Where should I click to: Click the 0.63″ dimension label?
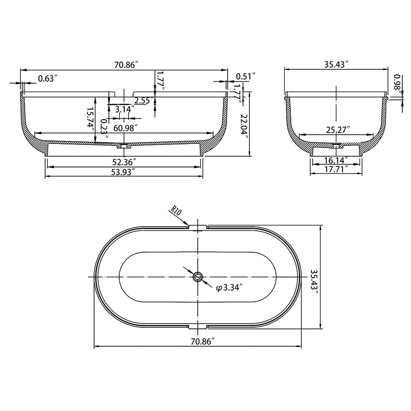point(48,78)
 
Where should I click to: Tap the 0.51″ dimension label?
point(246,76)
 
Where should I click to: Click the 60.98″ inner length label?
point(125,128)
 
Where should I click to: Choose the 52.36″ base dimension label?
point(124,162)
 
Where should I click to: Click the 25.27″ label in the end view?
point(338,129)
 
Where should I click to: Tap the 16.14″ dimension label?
point(336,160)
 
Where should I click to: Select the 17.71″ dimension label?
point(337,169)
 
